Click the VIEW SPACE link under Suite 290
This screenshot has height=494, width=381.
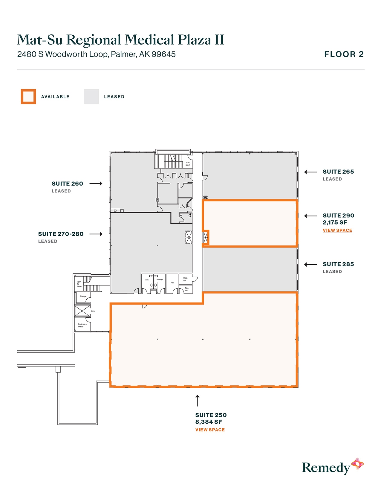[x=337, y=230]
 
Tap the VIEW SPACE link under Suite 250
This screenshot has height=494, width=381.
[x=210, y=430]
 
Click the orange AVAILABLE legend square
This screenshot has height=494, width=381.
[x=28, y=97]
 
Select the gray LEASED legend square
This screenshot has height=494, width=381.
[x=91, y=97]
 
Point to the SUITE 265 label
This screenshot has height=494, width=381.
[x=338, y=172]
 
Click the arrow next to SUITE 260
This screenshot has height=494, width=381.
[x=96, y=184]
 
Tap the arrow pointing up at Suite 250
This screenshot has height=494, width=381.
[x=197, y=401]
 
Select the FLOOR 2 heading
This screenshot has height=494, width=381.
[x=344, y=54]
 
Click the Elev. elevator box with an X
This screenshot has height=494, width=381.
[x=82, y=311]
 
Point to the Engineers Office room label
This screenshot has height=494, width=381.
[x=82, y=325]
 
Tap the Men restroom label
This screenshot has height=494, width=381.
[x=146, y=280]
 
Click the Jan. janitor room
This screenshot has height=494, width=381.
[x=172, y=283]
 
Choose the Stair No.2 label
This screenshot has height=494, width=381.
[x=188, y=164]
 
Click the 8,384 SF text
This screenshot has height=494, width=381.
[x=209, y=422]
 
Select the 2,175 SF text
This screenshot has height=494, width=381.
[x=335, y=223]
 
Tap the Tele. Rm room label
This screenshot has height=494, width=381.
[x=186, y=289]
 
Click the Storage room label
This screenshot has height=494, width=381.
[x=83, y=296]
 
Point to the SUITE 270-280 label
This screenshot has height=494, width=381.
[x=61, y=234]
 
